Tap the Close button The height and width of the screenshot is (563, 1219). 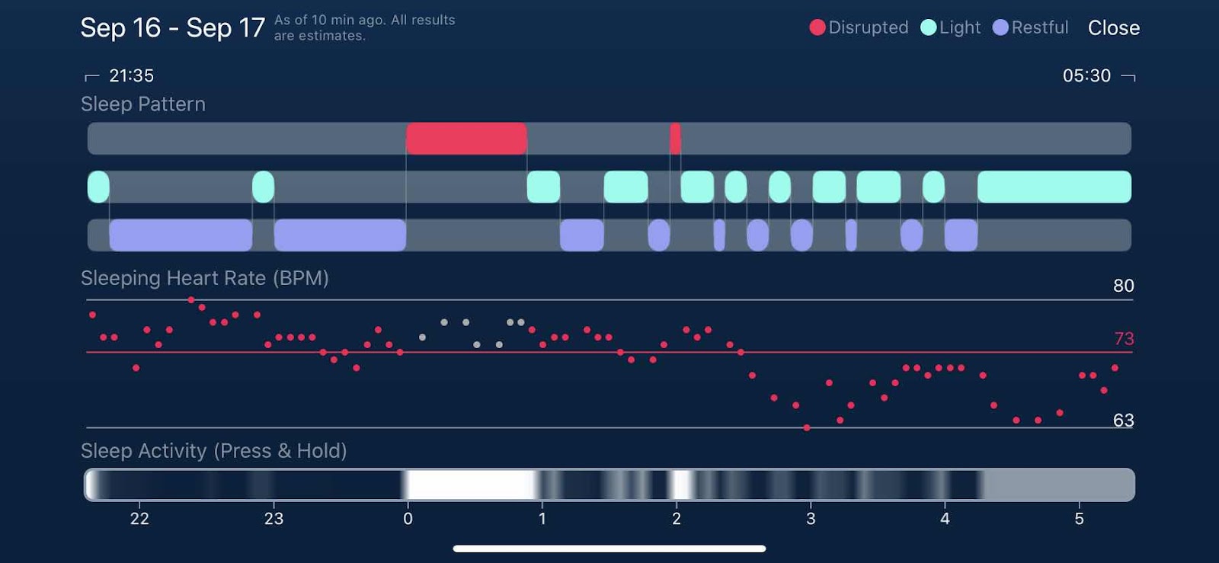pyautogui.click(x=1113, y=28)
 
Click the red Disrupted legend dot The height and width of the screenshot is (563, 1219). pyautogui.click(x=817, y=27)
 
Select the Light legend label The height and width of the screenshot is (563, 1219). pyautogui.click(x=959, y=28)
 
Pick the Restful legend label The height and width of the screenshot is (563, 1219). pyautogui.click(x=1039, y=28)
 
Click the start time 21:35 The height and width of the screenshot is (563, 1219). pyautogui.click(x=131, y=75)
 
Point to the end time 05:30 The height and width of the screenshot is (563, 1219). pyautogui.click(x=1086, y=75)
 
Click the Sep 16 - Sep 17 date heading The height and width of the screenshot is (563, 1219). pyautogui.click(x=172, y=28)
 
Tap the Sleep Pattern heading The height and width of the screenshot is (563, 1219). pyautogui.click(x=143, y=104)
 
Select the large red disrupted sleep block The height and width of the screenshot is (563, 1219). pyautogui.click(x=466, y=139)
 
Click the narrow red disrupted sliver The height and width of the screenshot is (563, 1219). pyautogui.click(x=675, y=139)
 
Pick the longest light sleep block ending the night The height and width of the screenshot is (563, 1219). pyautogui.click(x=1054, y=187)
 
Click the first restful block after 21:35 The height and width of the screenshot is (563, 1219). pyautogui.click(x=181, y=235)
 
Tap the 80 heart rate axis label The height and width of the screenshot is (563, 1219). pyautogui.click(x=1123, y=286)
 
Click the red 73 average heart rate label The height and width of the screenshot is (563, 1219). pyautogui.click(x=1124, y=338)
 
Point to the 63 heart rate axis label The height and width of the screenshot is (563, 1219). pyautogui.click(x=1123, y=420)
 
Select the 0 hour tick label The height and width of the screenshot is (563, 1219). pyautogui.click(x=408, y=519)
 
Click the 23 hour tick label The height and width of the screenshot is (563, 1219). pyautogui.click(x=274, y=519)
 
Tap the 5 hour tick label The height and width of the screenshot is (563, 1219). pyautogui.click(x=1079, y=519)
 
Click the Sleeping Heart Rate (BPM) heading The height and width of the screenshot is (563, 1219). pyautogui.click(x=205, y=278)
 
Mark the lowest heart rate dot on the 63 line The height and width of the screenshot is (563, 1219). pyautogui.click(x=807, y=428)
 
